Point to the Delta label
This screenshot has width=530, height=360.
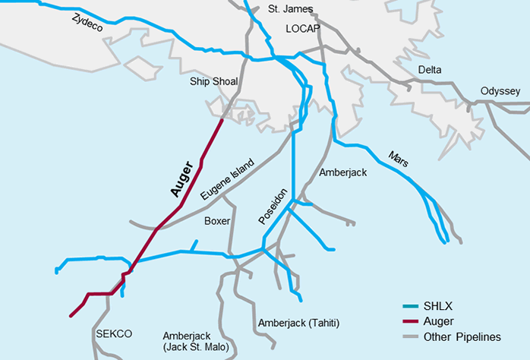430,70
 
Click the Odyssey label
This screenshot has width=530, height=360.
500,91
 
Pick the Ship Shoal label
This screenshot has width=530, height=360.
213,82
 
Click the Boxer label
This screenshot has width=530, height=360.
217,221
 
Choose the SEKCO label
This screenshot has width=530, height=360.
114,333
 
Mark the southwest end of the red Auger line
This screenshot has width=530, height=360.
71,315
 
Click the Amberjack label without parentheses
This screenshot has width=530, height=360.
342,172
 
